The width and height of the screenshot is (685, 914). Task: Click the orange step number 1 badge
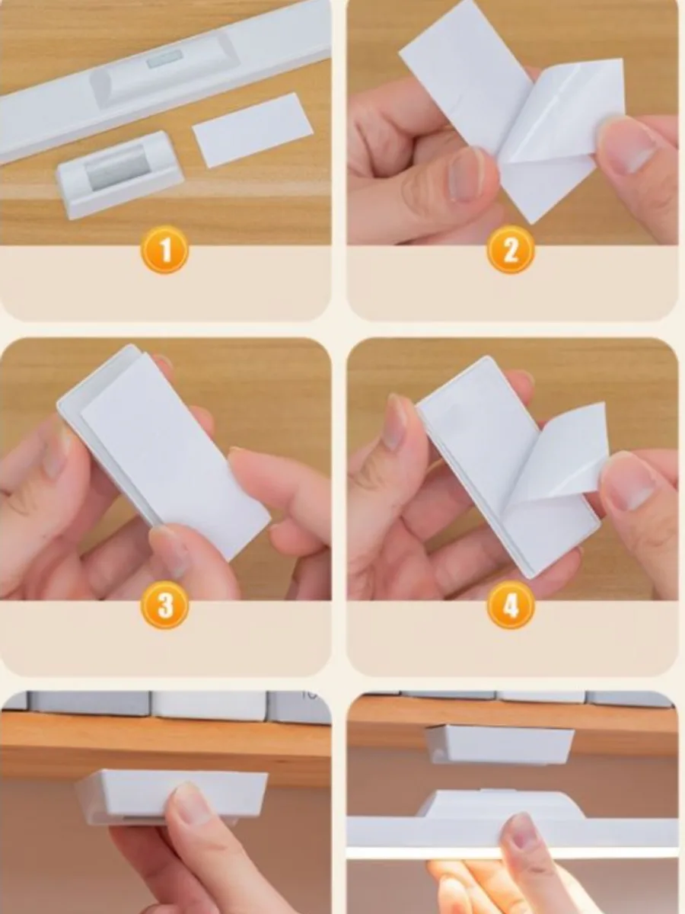[165, 251]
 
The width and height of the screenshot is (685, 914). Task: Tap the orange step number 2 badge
[511, 251]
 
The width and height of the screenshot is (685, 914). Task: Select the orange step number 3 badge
[165, 605]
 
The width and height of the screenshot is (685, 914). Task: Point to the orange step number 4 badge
[511, 605]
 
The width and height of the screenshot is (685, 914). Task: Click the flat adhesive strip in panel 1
[253, 130]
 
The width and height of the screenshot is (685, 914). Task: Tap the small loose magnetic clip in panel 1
[120, 174]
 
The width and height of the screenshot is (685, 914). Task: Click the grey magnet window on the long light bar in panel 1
[165, 59]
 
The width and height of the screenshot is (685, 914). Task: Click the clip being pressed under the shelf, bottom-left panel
[171, 796]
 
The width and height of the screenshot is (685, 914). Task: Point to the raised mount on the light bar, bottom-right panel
[499, 803]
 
